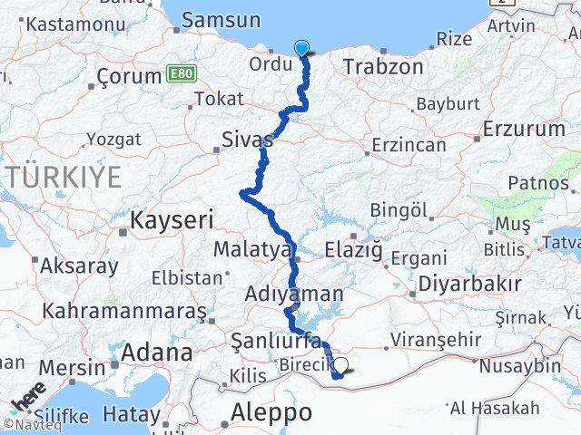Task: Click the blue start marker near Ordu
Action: pos(301,49)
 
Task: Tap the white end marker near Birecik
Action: pos(341,367)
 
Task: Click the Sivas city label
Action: pos(247,140)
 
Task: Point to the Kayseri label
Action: pos(172,218)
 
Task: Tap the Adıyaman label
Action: pos(294,294)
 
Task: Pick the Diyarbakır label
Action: pos(468,283)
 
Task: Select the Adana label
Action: pos(156,352)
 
